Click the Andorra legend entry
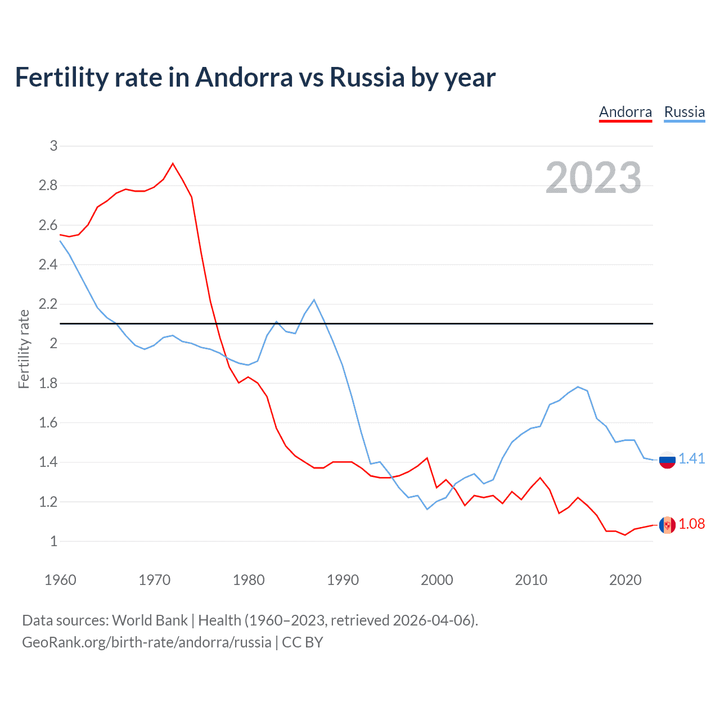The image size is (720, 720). pos(625,112)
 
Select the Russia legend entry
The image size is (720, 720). pos(684,112)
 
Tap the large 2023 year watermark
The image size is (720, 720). pos(593,178)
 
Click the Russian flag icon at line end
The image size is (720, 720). pos(667,460)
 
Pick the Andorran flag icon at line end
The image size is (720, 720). pos(667,525)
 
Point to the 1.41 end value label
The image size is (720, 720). pos(691,458)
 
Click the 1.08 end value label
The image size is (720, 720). pos(691,524)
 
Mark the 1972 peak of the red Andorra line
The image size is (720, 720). pos(173,164)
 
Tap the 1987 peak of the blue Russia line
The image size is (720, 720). pos(314,300)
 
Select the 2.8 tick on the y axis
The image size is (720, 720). pos(48,186)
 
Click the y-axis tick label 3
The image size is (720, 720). pos(53,146)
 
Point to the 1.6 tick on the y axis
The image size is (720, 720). pos(48,423)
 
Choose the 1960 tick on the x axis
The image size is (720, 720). pos(60,580)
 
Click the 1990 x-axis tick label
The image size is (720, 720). pos(343,580)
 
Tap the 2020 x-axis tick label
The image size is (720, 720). pos(625,580)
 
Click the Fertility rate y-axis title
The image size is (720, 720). pos(24,349)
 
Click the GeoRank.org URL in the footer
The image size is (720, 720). pos(146,642)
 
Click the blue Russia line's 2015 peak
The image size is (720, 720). pos(578,387)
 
